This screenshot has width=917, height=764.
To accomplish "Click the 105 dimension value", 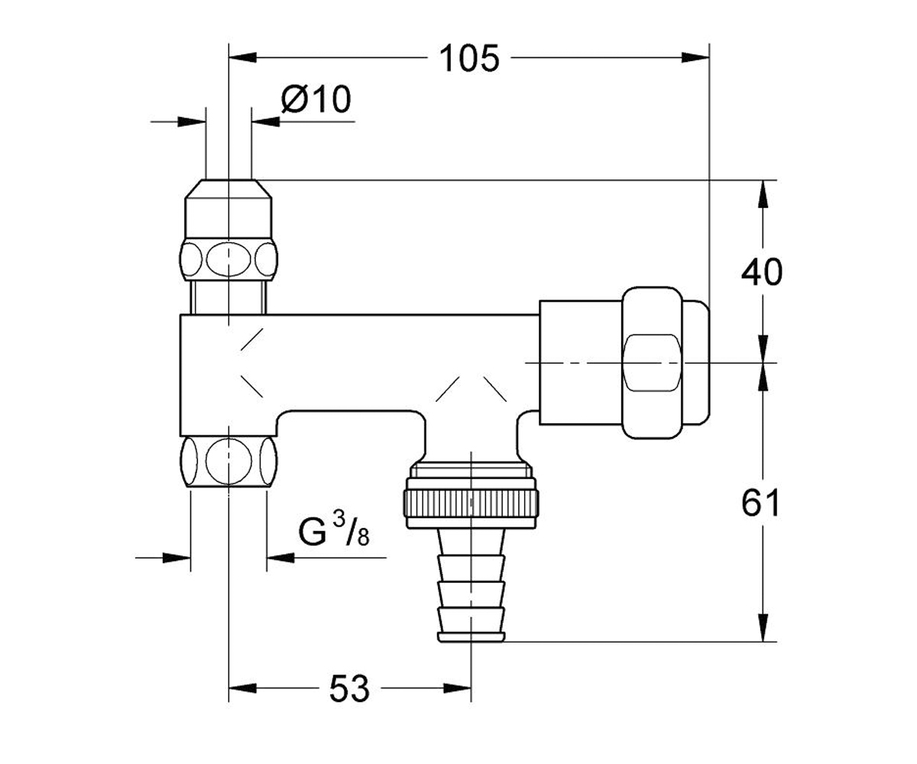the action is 469,58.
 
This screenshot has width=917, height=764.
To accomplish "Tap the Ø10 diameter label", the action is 316,99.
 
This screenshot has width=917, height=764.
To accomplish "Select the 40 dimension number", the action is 762,273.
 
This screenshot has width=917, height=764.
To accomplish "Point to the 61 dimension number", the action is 760,503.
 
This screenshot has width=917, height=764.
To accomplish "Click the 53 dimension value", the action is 349,688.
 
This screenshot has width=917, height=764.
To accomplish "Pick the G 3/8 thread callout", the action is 334,531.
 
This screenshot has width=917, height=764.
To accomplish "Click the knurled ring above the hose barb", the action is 471,503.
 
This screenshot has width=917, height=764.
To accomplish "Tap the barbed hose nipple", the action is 471,584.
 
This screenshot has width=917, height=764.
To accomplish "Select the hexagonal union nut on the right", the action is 652,363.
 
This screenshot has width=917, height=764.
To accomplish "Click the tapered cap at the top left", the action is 228,209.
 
